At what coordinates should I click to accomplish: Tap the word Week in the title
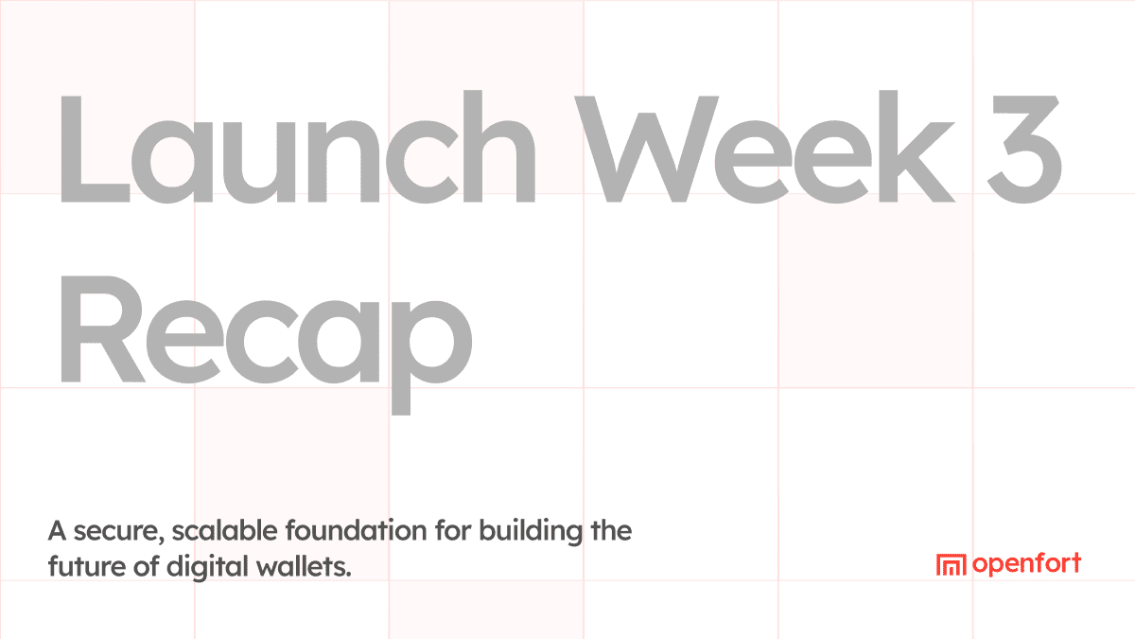[757, 147]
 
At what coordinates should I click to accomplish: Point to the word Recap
[265, 331]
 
